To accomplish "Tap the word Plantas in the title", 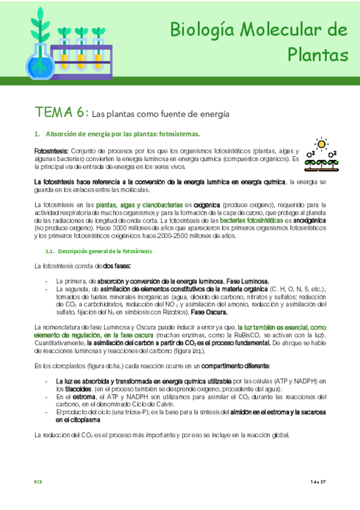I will (x=318, y=55).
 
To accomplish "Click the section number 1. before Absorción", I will (x=37, y=134).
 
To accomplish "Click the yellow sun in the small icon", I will (x=322, y=144).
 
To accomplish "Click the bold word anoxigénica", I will (x=311, y=221).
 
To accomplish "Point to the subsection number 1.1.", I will (x=50, y=251).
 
